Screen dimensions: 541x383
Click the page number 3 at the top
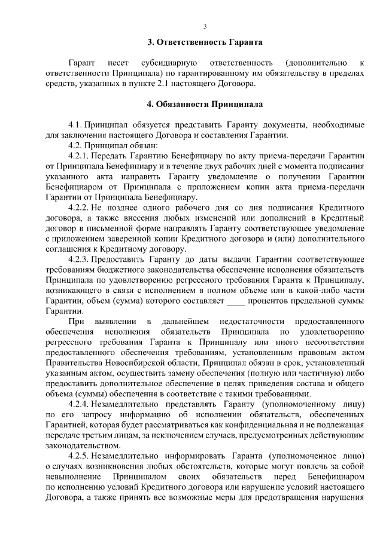click(x=205, y=26)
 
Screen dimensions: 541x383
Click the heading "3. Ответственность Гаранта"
click(x=205, y=42)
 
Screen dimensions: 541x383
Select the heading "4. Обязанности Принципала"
click(x=205, y=103)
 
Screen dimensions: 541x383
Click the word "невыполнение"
click(x=72, y=476)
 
